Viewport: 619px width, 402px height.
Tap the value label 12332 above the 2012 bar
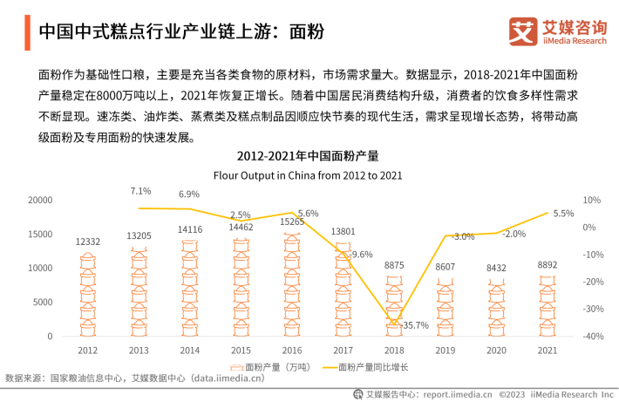click(87, 242)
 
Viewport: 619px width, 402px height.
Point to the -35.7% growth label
click(412, 325)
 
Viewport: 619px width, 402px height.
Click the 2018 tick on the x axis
click(393, 350)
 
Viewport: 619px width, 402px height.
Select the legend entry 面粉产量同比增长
click(365, 367)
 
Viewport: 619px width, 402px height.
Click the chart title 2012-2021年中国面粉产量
click(309, 157)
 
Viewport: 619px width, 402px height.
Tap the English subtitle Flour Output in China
click(309, 174)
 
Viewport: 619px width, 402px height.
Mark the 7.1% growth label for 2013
click(140, 191)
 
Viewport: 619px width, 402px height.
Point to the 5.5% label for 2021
click(563, 214)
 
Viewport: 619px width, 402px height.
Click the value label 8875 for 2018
click(394, 265)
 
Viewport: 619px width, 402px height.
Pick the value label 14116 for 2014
click(190, 229)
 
